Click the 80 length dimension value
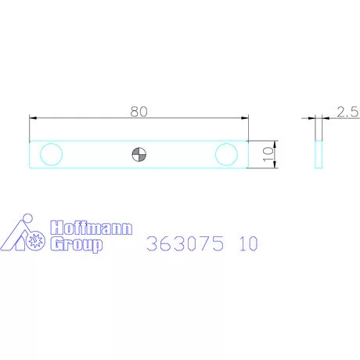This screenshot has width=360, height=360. (x=139, y=111)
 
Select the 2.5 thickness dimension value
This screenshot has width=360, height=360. (x=347, y=112)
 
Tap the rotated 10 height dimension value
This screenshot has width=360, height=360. (x=268, y=154)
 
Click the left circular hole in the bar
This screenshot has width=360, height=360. (x=51, y=154)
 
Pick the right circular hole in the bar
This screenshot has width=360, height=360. (x=226, y=154)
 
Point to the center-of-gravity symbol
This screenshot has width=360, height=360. (x=139, y=154)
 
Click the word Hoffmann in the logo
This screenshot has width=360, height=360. (x=92, y=228)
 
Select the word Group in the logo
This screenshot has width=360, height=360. (x=76, y=245)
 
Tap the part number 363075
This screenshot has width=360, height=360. (x=185, y=243)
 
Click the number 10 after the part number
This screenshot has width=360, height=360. (x=249, y=243)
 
